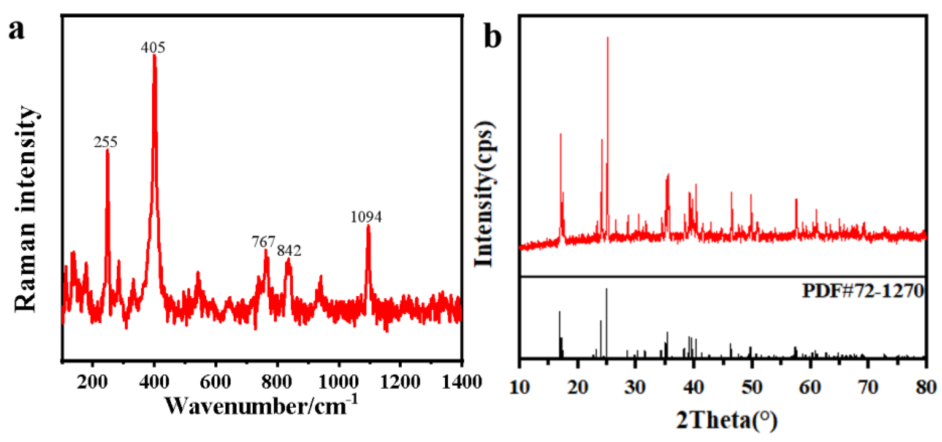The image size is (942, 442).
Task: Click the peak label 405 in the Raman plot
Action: coord(153,47)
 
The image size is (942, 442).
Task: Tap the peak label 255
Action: coord(106,142)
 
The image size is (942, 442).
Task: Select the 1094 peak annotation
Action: coord(366,217)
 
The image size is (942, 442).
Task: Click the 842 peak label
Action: coord(289,251)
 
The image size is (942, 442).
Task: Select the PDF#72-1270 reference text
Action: coord(863,291)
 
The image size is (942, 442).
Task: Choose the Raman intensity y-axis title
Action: coord(26,209)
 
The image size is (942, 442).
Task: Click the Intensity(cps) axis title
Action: coord(485,194)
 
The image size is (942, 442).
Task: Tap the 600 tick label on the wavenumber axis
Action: coord(216,382)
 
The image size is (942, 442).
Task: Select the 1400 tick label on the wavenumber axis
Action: coord(462,382)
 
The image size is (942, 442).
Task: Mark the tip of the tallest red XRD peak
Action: coord(608,37)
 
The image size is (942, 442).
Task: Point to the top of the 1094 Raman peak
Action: coord(368,226)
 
